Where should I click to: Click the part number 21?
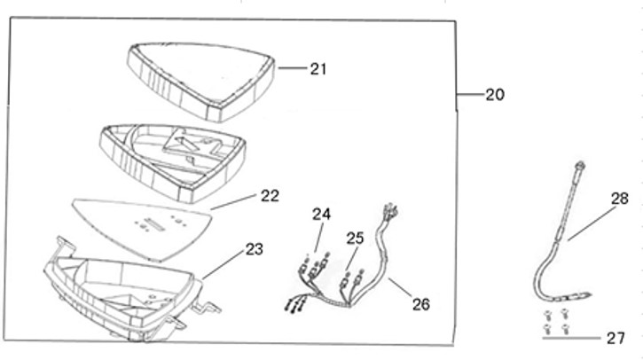pos(318,68)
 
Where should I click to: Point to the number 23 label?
pos(254,250)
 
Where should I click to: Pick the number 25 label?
pos(355,238)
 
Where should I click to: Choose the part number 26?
pos(420,303)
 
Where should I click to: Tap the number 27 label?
pos(616,338)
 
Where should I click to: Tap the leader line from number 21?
pos(293,67)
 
